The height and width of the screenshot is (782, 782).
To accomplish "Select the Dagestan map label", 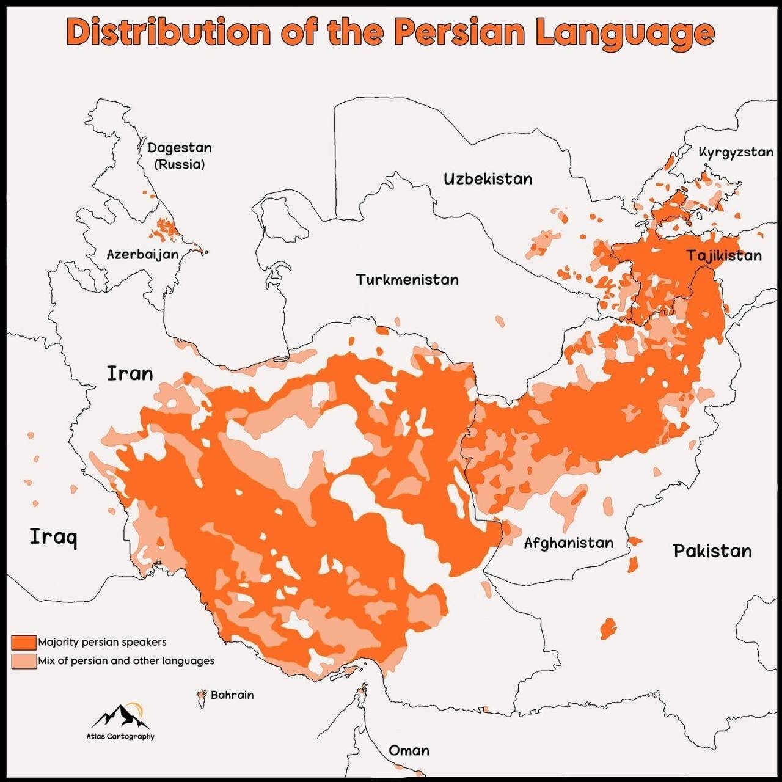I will click(179, 148).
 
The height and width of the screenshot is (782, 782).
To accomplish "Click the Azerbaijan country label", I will click(142, 255).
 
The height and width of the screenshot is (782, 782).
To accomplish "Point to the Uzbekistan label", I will click(488, 179).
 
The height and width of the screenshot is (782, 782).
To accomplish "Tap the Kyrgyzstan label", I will click(736, 152).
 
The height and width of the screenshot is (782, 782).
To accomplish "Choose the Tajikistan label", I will click(724, 255).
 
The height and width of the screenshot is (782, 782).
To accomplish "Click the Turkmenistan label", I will click(407, 280).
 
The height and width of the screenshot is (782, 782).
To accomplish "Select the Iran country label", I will click(130, 373).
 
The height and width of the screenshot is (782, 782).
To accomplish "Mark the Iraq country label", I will click(54, 537).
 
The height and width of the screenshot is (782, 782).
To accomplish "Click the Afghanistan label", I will click(568, 543).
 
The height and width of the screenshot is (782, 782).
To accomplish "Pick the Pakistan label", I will click(712, 551).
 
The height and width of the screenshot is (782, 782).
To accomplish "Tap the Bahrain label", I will click(232, 695).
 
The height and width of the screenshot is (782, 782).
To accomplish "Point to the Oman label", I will click(409, 750).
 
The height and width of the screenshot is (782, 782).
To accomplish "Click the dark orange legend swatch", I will click(24, 642).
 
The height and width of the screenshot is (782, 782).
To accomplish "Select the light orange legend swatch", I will click(24, 661).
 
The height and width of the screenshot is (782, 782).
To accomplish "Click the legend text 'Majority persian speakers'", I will click(102, 642).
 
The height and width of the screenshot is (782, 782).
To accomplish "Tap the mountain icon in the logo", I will click(121, 717).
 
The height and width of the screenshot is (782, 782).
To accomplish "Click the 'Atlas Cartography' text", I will click(120, 736).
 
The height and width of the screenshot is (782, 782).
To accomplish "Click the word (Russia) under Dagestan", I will click(179, 164).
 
